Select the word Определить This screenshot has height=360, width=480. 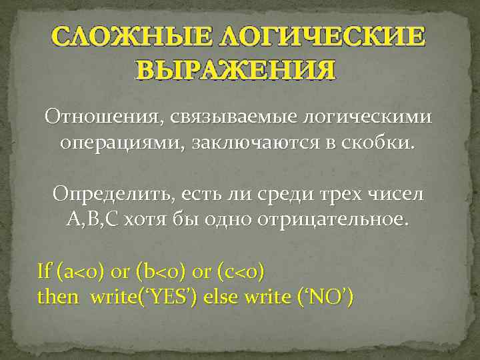110,195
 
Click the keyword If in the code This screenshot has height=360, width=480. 44,271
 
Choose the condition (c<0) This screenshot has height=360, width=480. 239,272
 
